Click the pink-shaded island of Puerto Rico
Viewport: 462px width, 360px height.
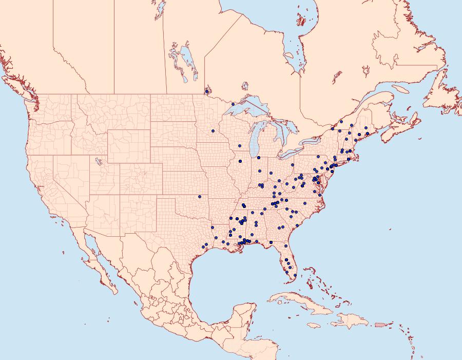click(x=380, y=324)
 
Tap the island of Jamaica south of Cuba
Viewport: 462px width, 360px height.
click(x=313, y=326)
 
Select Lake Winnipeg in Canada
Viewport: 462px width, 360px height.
click(x=189, y=62)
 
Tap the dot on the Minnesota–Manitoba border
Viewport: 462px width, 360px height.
click(x=207, y=92)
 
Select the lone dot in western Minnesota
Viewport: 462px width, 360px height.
click(x=213, y=131)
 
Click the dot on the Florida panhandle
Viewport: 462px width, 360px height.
click(x=271, y=242)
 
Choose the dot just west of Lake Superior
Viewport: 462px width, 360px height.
click(x=233, y=104)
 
